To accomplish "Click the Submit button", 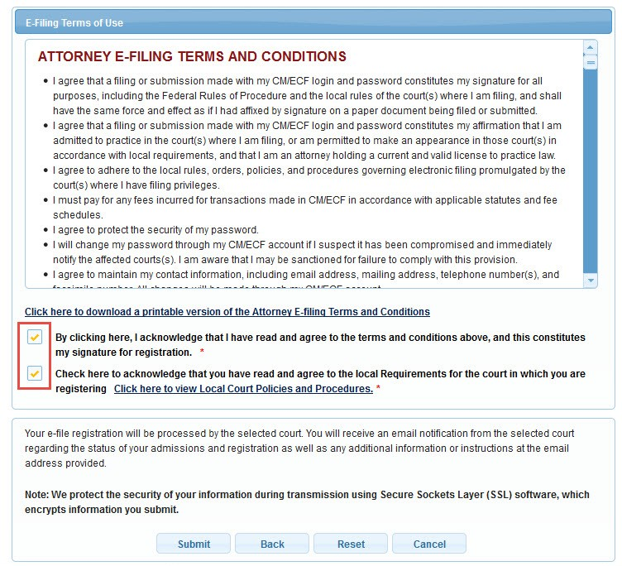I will tap(194, 544).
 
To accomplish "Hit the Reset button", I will tap(351, 544).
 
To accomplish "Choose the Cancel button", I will tap(428, 544).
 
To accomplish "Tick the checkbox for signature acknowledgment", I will tap(35, 338).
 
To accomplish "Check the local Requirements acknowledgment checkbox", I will tap(35, 373).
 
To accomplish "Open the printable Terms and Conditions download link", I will tap(227, 312).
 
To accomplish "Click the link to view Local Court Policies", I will tap(243, 389).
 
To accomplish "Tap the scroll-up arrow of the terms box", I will tap(591, 47).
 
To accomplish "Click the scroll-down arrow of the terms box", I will tap(591, 281).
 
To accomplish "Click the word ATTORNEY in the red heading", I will tap(79, 57).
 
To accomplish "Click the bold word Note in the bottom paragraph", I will tap(36, 495).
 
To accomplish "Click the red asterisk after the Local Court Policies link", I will tap(379, 389).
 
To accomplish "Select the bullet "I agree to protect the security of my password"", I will tap(155, 230).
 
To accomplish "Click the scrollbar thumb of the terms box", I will tap(591, 62).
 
